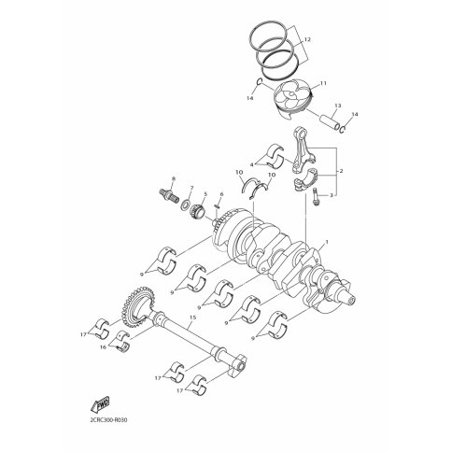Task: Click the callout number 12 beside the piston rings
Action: [x=307, y=40]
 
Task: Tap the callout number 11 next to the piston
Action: [x=323, y=83]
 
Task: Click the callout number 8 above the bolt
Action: [x=174, y=178]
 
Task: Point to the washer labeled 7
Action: [x=187, y=205]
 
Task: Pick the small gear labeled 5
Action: [x=197, y=211]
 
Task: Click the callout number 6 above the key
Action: [x=221, y=194]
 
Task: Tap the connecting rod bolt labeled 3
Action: [x=316, y=197]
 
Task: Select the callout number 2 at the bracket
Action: [x=341, y=171]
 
